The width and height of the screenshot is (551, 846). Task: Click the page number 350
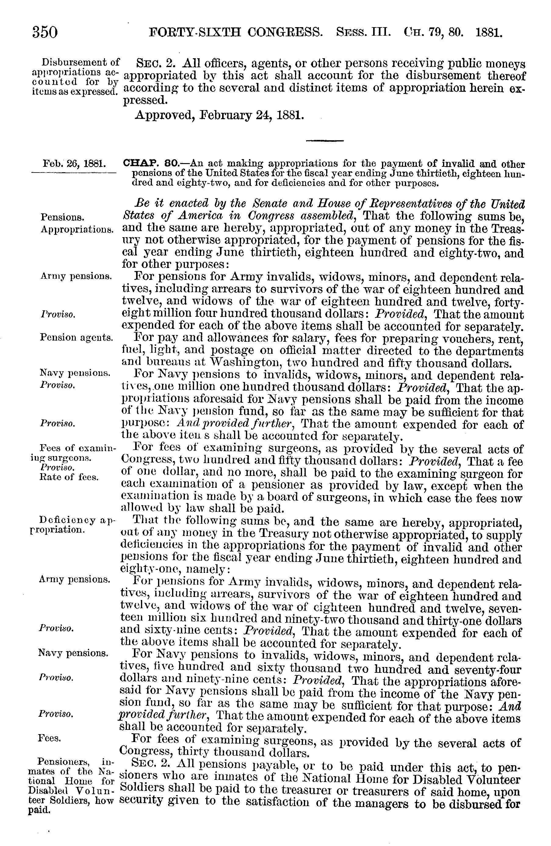coord(45,32)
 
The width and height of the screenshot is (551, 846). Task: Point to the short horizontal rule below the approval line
coord(325,141)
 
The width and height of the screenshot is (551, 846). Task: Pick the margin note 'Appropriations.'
coord(77,229)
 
